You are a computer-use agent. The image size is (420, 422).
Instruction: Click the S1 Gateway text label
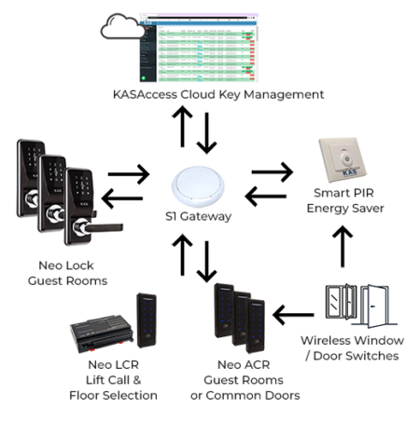coord(199,216)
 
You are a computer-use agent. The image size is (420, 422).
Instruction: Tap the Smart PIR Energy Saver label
coord(344,199)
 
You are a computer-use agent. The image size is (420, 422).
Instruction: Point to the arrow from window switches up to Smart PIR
coord(343,246)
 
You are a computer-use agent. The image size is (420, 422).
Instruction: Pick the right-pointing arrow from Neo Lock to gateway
coord(128,173)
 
